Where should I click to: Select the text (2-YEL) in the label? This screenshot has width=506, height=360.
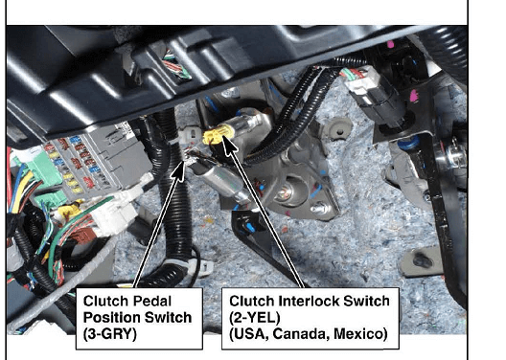(x=255, y=318)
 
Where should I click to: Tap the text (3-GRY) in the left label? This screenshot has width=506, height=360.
(x=110, y=334)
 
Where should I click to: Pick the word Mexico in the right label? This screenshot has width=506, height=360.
(x=360, y=334)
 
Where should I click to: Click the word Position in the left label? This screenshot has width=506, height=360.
(x=112, y=318)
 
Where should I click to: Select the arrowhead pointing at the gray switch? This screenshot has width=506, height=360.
(x=179, y=170)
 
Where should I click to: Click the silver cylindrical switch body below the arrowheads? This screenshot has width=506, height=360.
(x=221, y=181)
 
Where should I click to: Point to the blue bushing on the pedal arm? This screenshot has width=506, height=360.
(x=407, y=142)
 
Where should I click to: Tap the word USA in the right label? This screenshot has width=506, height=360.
(x=249, y=334)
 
